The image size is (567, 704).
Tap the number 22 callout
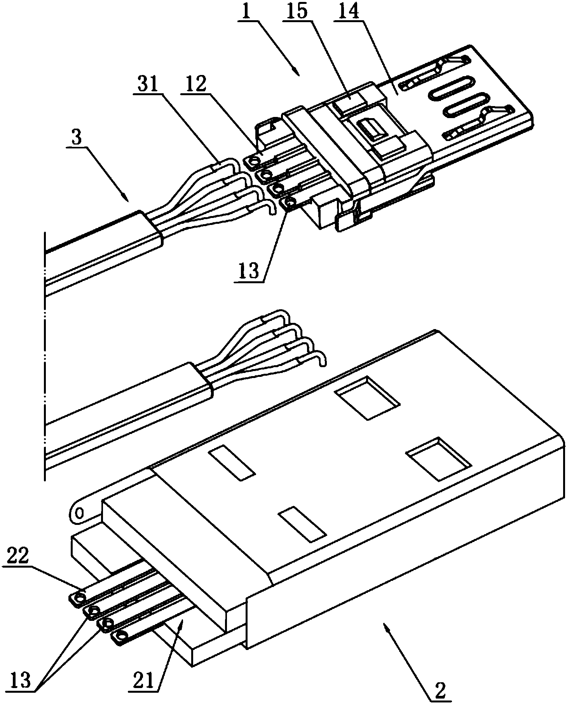point(18,558)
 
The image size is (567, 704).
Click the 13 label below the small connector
point(249,271)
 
